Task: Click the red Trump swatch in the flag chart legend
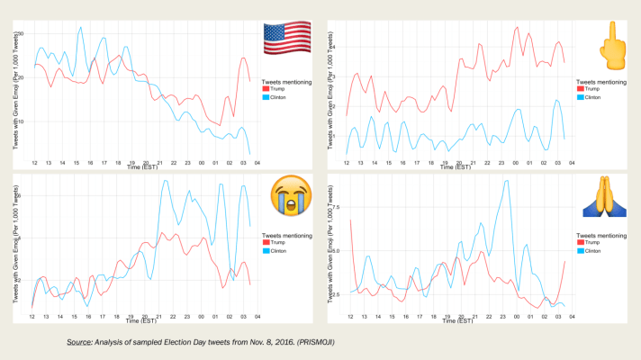click(266, 89)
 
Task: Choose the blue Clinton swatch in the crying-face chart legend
click(266, 251)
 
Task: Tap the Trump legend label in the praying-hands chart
click(591, 243)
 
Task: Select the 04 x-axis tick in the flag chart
click(257, 163)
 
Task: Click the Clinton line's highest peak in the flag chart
click(79, 27)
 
